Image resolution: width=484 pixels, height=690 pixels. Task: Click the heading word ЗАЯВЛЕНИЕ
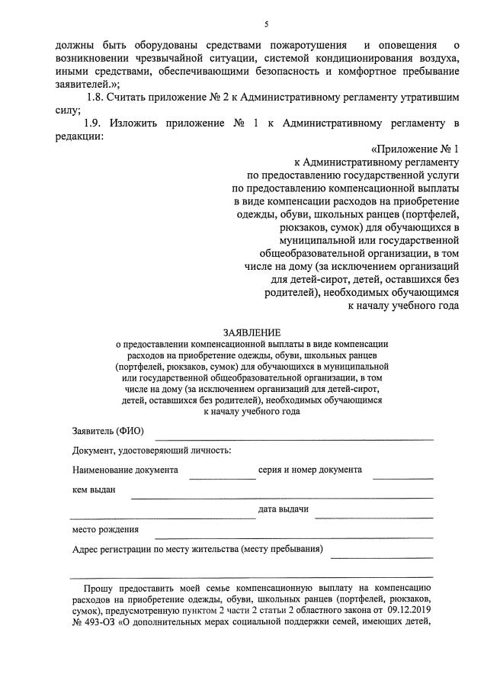252,332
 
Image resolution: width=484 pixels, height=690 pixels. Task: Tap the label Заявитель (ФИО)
107,432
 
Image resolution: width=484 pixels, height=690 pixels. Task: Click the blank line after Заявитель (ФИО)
294,438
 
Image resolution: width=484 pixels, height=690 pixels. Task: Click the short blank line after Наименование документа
223,477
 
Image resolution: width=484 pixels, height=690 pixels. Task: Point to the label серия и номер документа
309,470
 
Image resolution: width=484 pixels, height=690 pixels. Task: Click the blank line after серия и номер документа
402,477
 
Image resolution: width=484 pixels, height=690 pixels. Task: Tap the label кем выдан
94,490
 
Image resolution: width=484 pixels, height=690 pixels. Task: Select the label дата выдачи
283,510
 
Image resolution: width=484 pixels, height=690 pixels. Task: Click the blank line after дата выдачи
374,516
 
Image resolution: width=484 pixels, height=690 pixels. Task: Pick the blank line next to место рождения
294,536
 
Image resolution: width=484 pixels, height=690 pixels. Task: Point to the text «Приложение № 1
414,149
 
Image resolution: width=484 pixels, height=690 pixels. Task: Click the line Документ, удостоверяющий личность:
152,451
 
